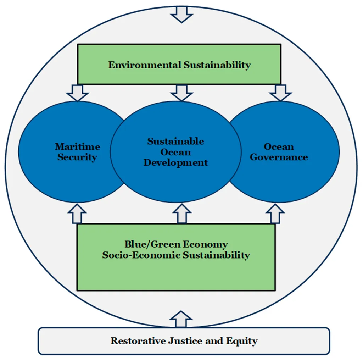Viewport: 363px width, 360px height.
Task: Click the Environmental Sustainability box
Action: (179, 64)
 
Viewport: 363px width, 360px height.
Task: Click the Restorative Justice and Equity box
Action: (184, 341)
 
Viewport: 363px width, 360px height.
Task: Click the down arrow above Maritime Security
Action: (77, 93)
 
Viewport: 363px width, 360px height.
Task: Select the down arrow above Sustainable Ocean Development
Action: (181, 93)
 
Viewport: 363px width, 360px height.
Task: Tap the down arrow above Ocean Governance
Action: (280, 93)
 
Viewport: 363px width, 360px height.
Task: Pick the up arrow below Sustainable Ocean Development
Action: (181, 214)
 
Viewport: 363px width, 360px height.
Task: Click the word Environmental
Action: (144, 65)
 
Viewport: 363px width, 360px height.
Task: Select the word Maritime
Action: (77, 147)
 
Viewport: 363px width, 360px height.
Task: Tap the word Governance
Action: (279, 157)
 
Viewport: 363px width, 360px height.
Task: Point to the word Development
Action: (175, 163)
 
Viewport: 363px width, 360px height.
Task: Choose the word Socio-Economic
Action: (141, 255)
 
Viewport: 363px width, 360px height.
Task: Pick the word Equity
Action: (243, 341)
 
